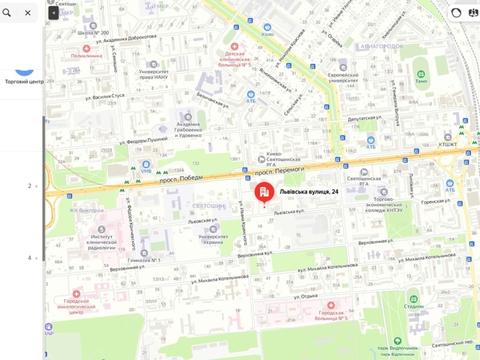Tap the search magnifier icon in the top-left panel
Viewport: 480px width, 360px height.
coord(7,13)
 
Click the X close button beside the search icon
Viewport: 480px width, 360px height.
coord(27,13)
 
